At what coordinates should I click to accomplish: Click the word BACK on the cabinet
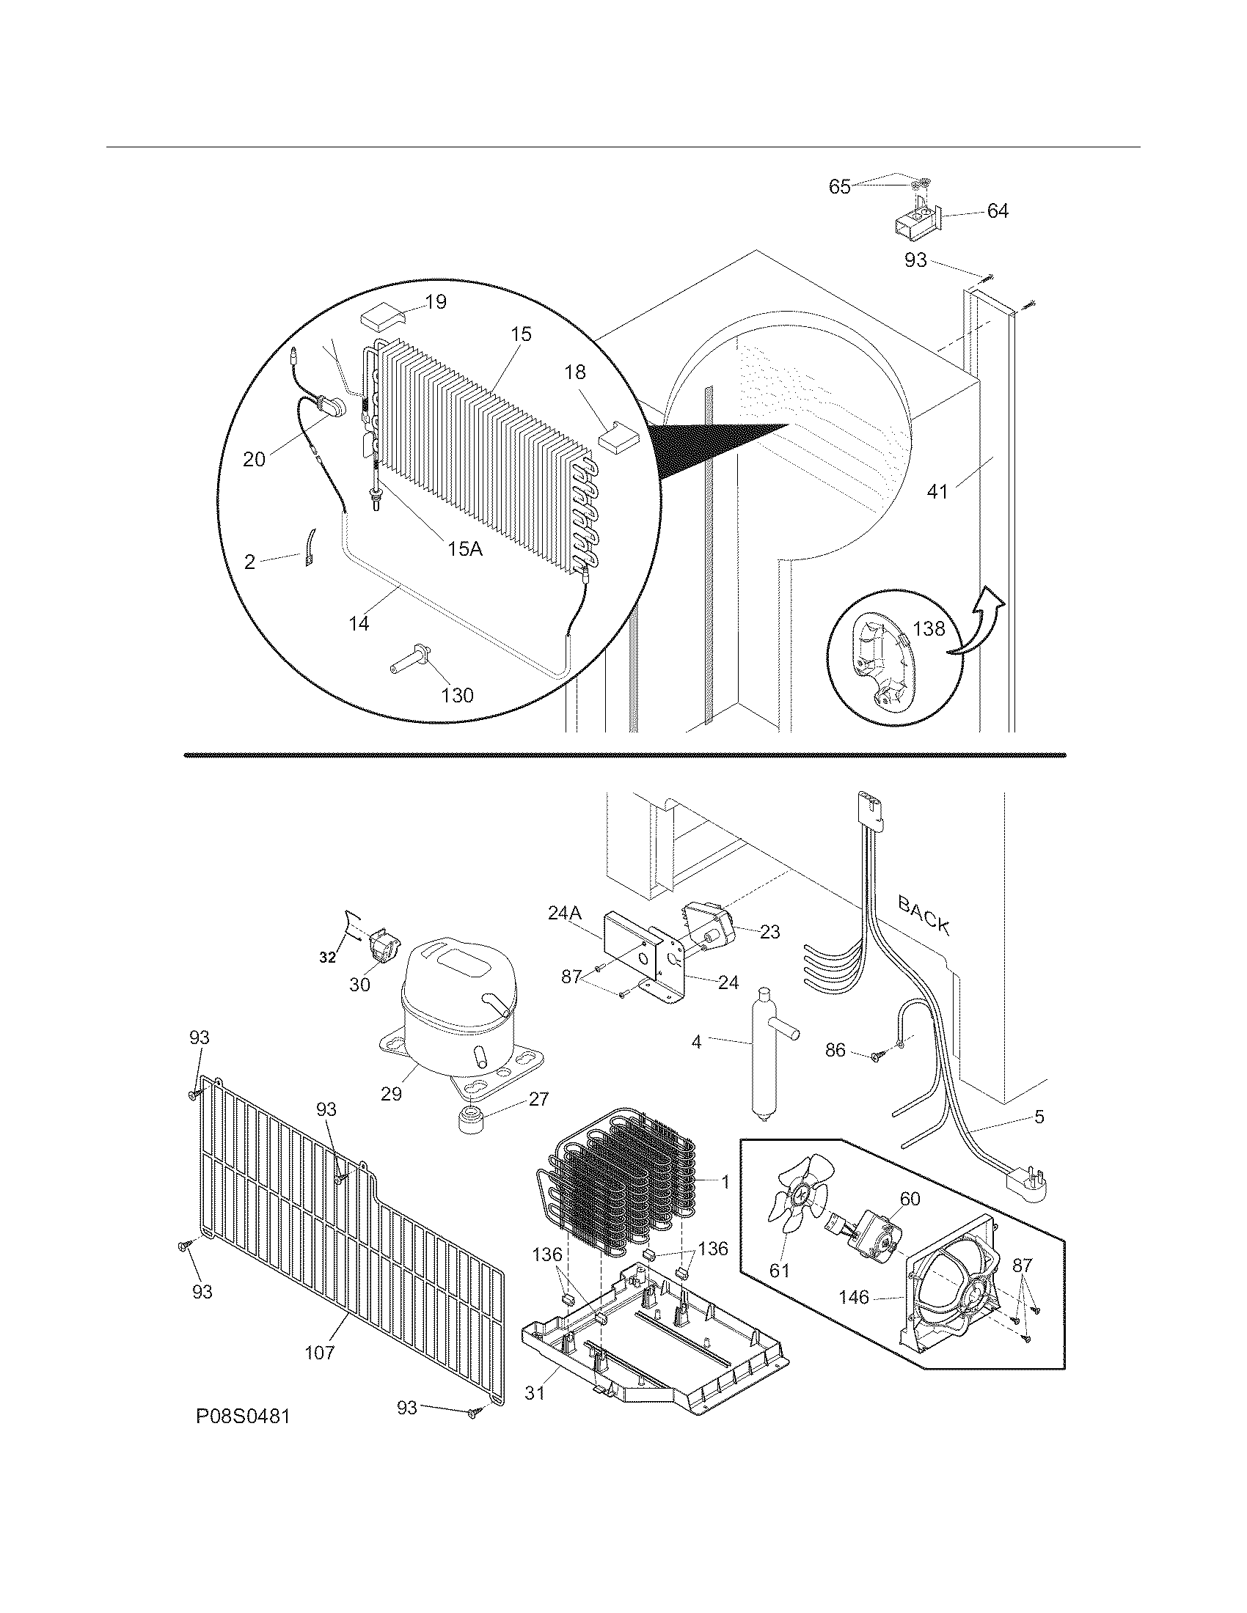click(x=923, y=914)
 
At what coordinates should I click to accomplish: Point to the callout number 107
click(x=320, y=1352)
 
